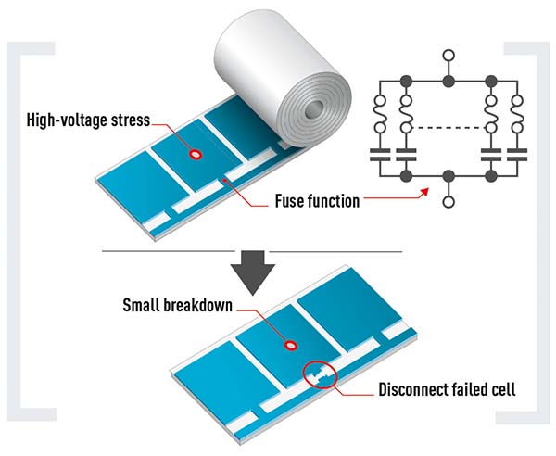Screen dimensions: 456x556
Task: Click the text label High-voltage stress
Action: (x=83, y=120)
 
